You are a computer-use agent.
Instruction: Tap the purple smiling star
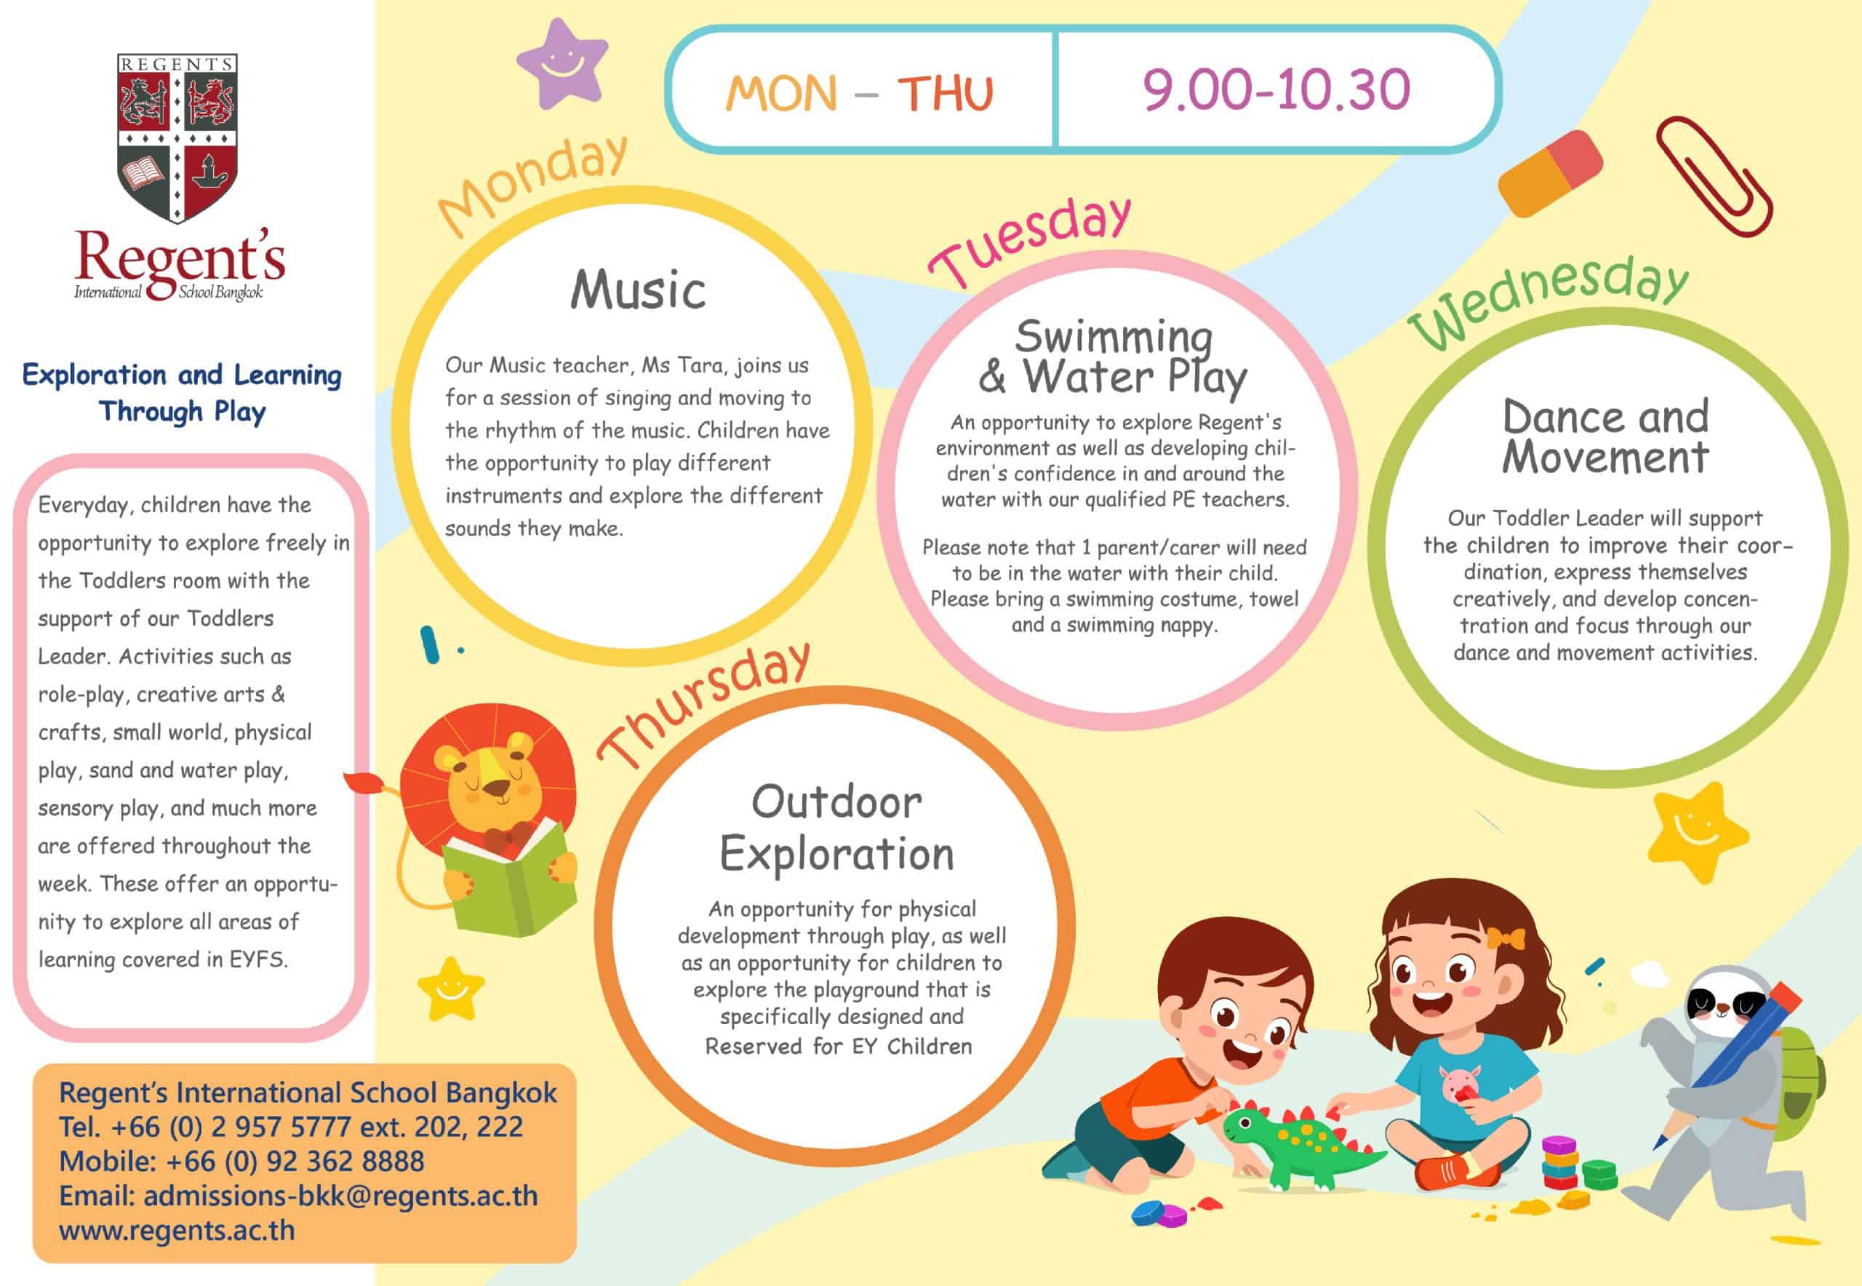pos(562,65)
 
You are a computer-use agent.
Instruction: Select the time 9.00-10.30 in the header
pos(1276,89)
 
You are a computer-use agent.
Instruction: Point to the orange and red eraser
pos(1550,174)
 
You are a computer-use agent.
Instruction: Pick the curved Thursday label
pos(703,704)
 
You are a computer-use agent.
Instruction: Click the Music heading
pos(638,289)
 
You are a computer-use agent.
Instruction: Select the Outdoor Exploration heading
pos(836,828)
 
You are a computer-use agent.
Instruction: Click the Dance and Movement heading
pos(1605,436)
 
